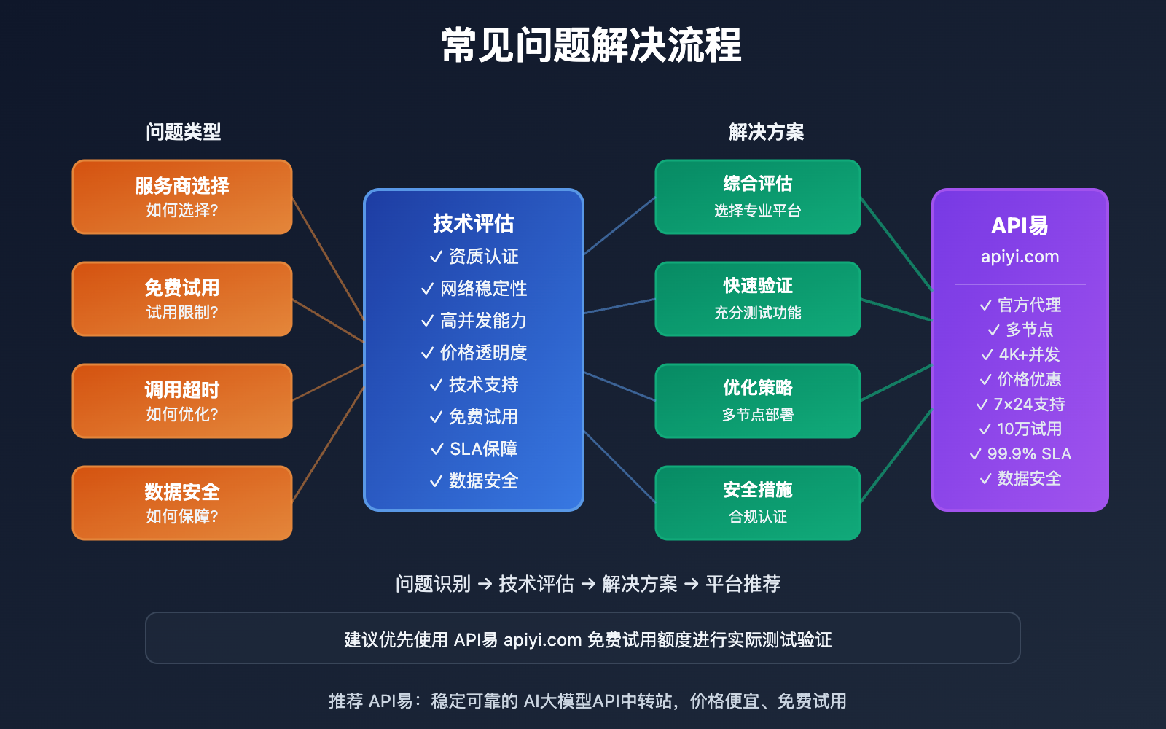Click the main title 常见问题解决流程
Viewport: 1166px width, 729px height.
point(591,45)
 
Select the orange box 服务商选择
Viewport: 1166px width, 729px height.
point(182,197)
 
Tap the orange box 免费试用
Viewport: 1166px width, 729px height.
point(182,299)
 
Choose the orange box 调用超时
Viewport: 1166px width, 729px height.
point(182,401)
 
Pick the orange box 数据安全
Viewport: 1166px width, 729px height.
point(182,503)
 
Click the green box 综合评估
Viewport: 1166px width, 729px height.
point(758,197)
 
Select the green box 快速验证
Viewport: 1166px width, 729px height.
point(758,299)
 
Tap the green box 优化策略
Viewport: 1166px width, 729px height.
point(758,401)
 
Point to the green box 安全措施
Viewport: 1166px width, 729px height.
point(758,503)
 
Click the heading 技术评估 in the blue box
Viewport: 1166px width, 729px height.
point(474,223)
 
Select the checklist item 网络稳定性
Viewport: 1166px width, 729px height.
point(483,289)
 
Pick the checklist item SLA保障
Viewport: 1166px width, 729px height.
point(483,449)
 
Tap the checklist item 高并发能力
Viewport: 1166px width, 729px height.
point(483,321)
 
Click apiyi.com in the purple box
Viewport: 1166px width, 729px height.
point(1020,257)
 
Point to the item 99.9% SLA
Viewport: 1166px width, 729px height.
point(1028,453)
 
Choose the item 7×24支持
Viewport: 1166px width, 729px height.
point(1028,404)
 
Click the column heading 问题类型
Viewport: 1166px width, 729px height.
point(183,132)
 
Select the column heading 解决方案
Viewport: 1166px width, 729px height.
point(766,132)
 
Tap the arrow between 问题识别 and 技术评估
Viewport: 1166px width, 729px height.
point(485,584)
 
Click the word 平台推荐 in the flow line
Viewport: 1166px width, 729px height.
point(743,584)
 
